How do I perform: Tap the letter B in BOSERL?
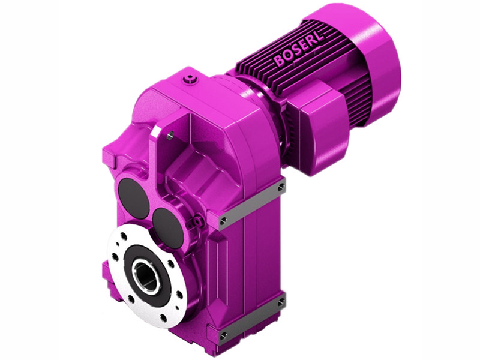pos(280,61)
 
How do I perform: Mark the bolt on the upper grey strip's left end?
pos(224,221)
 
